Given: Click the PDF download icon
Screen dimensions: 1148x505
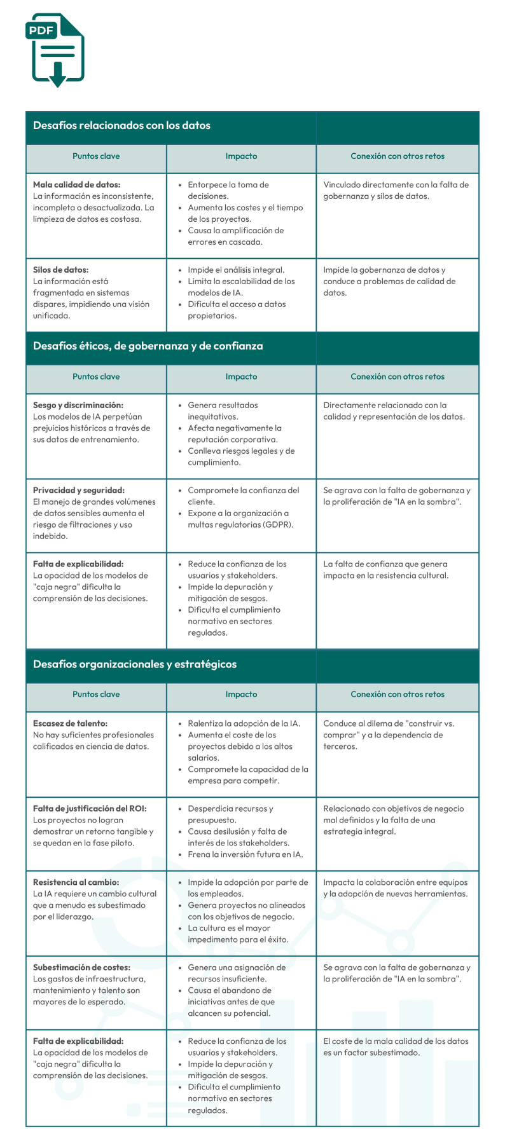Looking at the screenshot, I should point(55,50).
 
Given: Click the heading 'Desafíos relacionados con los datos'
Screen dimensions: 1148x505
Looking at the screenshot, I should point(121,126).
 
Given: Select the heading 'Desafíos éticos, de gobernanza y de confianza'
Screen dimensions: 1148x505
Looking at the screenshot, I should point(148,346).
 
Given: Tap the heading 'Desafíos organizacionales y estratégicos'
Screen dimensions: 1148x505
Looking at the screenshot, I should point(135,664).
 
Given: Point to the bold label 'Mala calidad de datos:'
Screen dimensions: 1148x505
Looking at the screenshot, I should point(76,185).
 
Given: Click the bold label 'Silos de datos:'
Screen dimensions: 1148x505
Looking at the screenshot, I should point(61,270).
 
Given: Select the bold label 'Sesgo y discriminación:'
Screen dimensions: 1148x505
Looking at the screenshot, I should point(78,406).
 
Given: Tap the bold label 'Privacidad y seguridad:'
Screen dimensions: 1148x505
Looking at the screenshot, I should point(79,491).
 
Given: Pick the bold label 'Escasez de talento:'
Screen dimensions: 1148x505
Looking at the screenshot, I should point(70,723).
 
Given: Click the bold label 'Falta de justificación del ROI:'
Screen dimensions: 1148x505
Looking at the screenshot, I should point(90,809).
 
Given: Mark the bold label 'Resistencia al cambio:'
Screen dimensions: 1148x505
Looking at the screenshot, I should point(76,882).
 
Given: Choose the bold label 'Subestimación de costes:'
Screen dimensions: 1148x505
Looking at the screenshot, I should point(81,967).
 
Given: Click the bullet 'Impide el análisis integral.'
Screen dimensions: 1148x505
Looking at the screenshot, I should point(236,270).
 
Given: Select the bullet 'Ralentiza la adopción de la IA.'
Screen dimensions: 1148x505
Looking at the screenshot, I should point(244,723).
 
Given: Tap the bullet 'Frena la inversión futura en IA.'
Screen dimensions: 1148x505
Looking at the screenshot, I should point(245,854).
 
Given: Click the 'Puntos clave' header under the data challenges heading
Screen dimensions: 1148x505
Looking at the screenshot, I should point(96,156).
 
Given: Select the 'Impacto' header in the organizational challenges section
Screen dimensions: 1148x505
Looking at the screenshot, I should point(241,695).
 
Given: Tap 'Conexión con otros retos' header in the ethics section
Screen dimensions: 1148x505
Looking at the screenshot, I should point(398,377).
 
